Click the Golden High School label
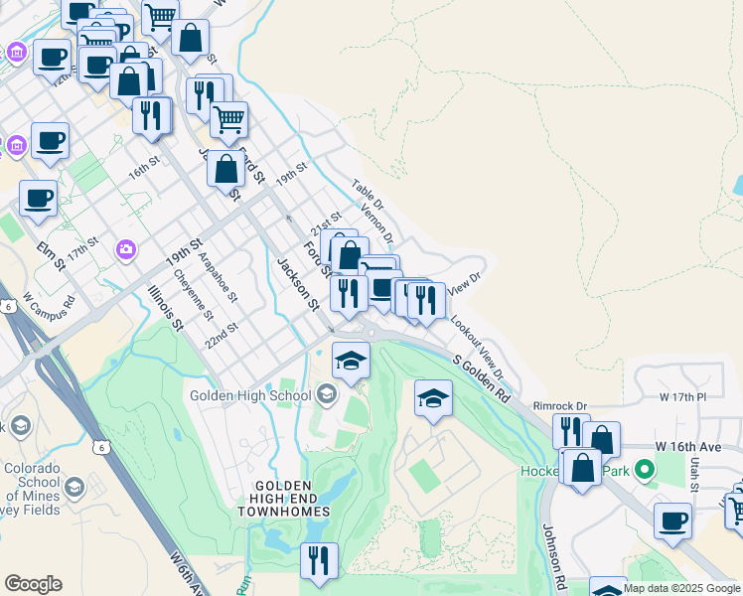coord(250,396)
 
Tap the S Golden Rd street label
coord(482,380)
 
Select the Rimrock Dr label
coord(560,405)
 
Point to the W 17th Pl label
coord(682,396)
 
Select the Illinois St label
coord(166,307)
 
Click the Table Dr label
coord(368,194)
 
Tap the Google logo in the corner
coord(33,584)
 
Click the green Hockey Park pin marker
coord(645,468)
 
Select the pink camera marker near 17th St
coord(126,248)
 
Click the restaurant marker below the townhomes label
coord(320,560)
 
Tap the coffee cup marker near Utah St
coord(673,521)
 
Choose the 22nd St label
coord(223,334)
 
